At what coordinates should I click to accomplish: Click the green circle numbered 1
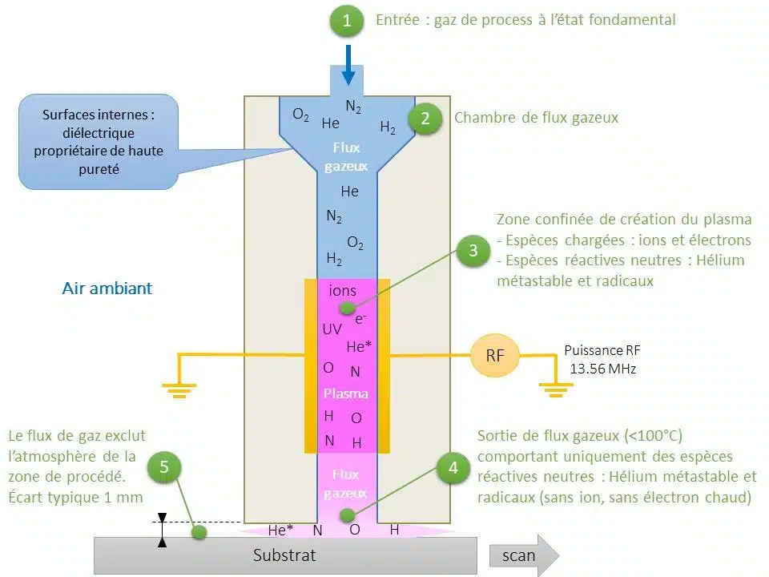(347, 21)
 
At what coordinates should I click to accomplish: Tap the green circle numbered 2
(425, 119)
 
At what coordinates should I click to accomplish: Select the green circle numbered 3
(473, 250)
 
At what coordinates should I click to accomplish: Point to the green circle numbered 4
(453, 468)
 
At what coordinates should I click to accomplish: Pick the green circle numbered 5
(163, 466)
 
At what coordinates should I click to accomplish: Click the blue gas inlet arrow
(348, 65)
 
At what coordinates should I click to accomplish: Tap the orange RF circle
(495, 355)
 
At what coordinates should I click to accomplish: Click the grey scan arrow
(524, 555)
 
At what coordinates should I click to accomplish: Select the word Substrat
(284, 555)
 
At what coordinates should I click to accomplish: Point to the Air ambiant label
(107, 288)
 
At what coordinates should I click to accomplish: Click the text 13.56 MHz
(602, 369)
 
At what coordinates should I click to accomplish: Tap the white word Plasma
(346, 393)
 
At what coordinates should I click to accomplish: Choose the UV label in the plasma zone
(332, 329)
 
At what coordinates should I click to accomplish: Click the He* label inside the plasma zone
(359, 347)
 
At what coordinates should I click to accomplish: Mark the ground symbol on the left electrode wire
(179, 390)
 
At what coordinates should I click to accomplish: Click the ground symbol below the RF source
(556, 390)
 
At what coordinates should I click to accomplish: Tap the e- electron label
(360, 318)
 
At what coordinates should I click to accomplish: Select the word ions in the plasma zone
(342, 290)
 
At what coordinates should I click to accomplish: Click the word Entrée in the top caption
(398, 19)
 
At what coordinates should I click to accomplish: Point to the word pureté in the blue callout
(99, 170)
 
